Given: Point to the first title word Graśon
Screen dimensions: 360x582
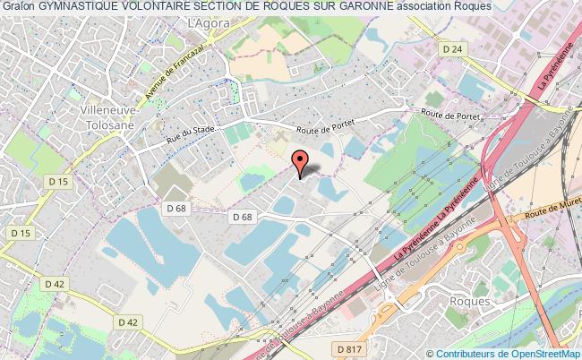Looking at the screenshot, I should click(x=17, y=7).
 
